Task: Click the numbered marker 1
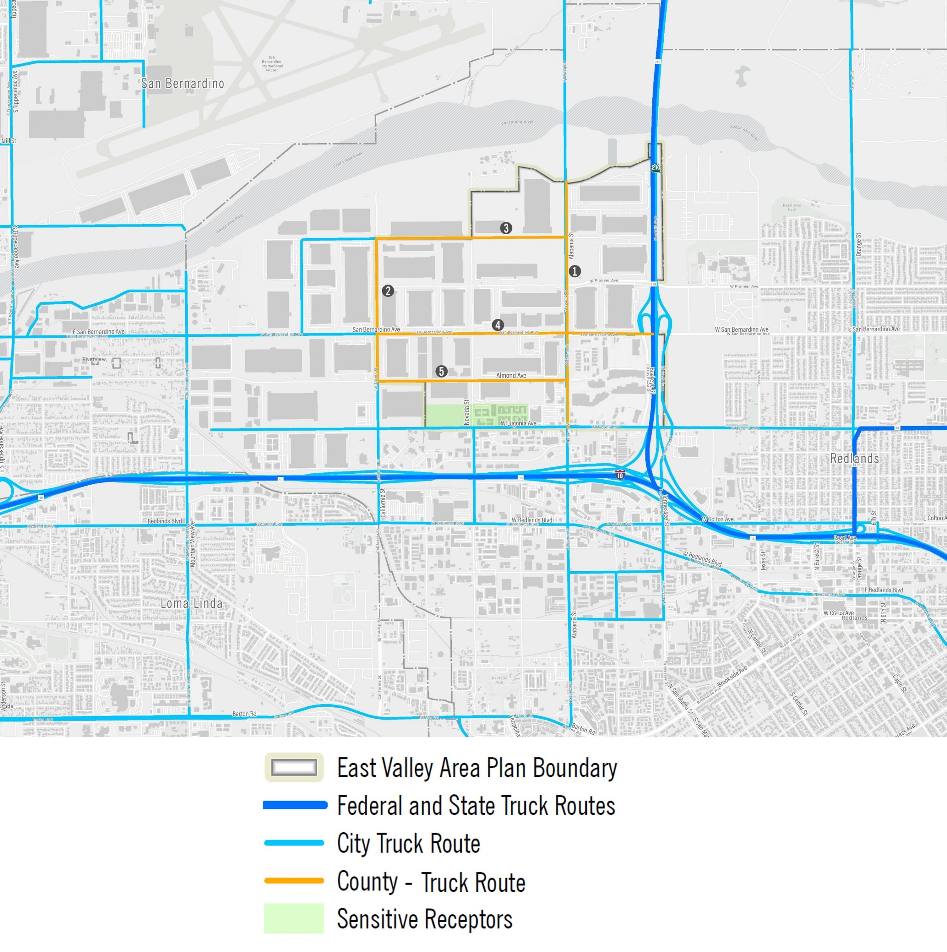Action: click(574, 271)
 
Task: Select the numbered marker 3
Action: click(506, 228)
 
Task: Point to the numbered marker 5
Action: click(441, 372)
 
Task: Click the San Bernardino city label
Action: click(182, 84)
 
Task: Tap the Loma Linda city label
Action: click(191, 603)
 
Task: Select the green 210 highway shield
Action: click(656, 168)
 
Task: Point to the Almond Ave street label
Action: click(511, 376)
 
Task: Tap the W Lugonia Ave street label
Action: click(518, 423)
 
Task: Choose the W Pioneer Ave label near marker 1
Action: click(604, 280)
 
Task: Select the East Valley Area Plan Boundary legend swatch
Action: click(294, 767)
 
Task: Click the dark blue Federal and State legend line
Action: click(295, 805)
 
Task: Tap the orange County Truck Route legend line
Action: click(294, 881)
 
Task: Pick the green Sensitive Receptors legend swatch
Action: click(294, 919)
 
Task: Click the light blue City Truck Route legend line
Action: click(294, 843)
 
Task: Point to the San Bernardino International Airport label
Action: click(272, 64)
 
